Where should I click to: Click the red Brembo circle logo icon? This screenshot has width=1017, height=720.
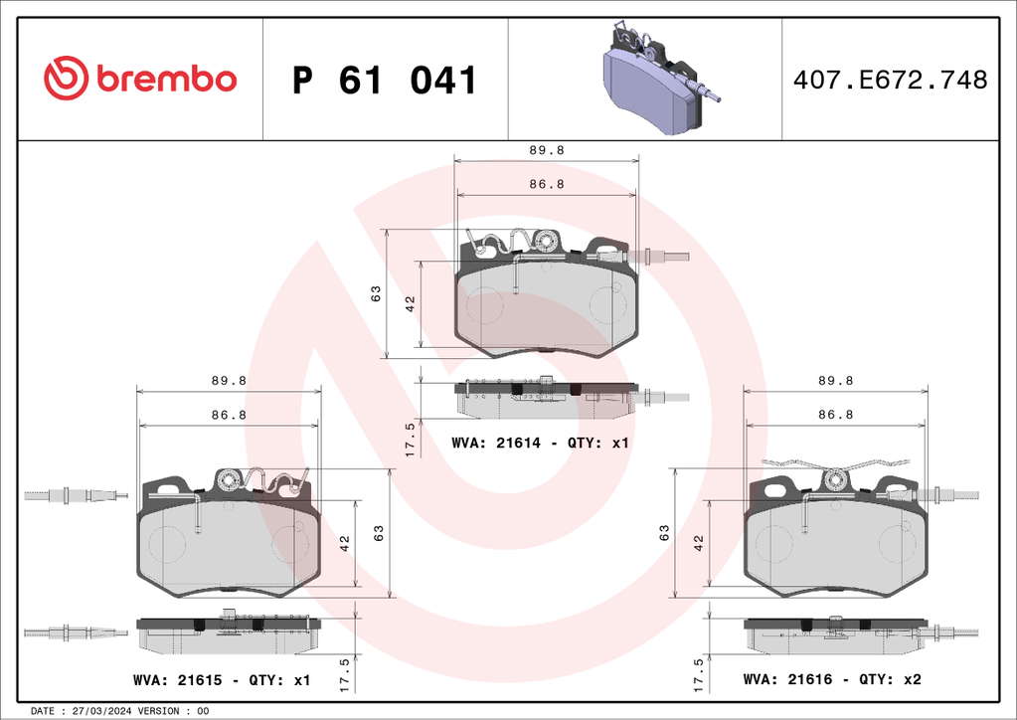tap(67, 78)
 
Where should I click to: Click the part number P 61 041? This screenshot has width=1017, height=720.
tap(385, 80)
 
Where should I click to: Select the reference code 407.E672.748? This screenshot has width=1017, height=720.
tap(890, 80)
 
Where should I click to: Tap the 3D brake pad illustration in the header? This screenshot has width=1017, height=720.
tap(660, 77)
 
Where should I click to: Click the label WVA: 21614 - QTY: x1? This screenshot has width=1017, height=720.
tap(540, 443)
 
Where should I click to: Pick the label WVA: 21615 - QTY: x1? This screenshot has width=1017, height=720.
tap(222, 680)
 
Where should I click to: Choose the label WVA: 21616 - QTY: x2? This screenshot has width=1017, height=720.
tap(832, 679)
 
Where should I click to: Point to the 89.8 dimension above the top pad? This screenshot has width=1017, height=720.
tap(547, 150)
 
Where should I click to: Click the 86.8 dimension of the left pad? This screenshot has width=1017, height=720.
tap(229, 415)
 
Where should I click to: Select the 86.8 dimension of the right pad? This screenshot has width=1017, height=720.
tap(835, 414)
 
